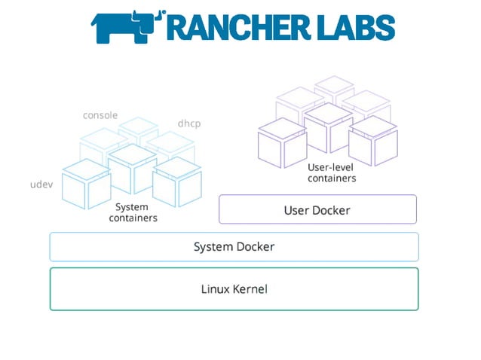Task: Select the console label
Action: coord(100,115)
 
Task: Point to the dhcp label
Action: coord(188,123)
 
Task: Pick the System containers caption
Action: coord(133,212)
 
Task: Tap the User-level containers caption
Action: coord(332,172)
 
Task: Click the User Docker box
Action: coord(317,209)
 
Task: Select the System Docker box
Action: coord(234,246)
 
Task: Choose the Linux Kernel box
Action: coord(234,288)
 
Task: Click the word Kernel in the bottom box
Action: coord(251,288)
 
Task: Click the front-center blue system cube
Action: coord(131,168)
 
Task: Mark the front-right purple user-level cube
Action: coord(372,140)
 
